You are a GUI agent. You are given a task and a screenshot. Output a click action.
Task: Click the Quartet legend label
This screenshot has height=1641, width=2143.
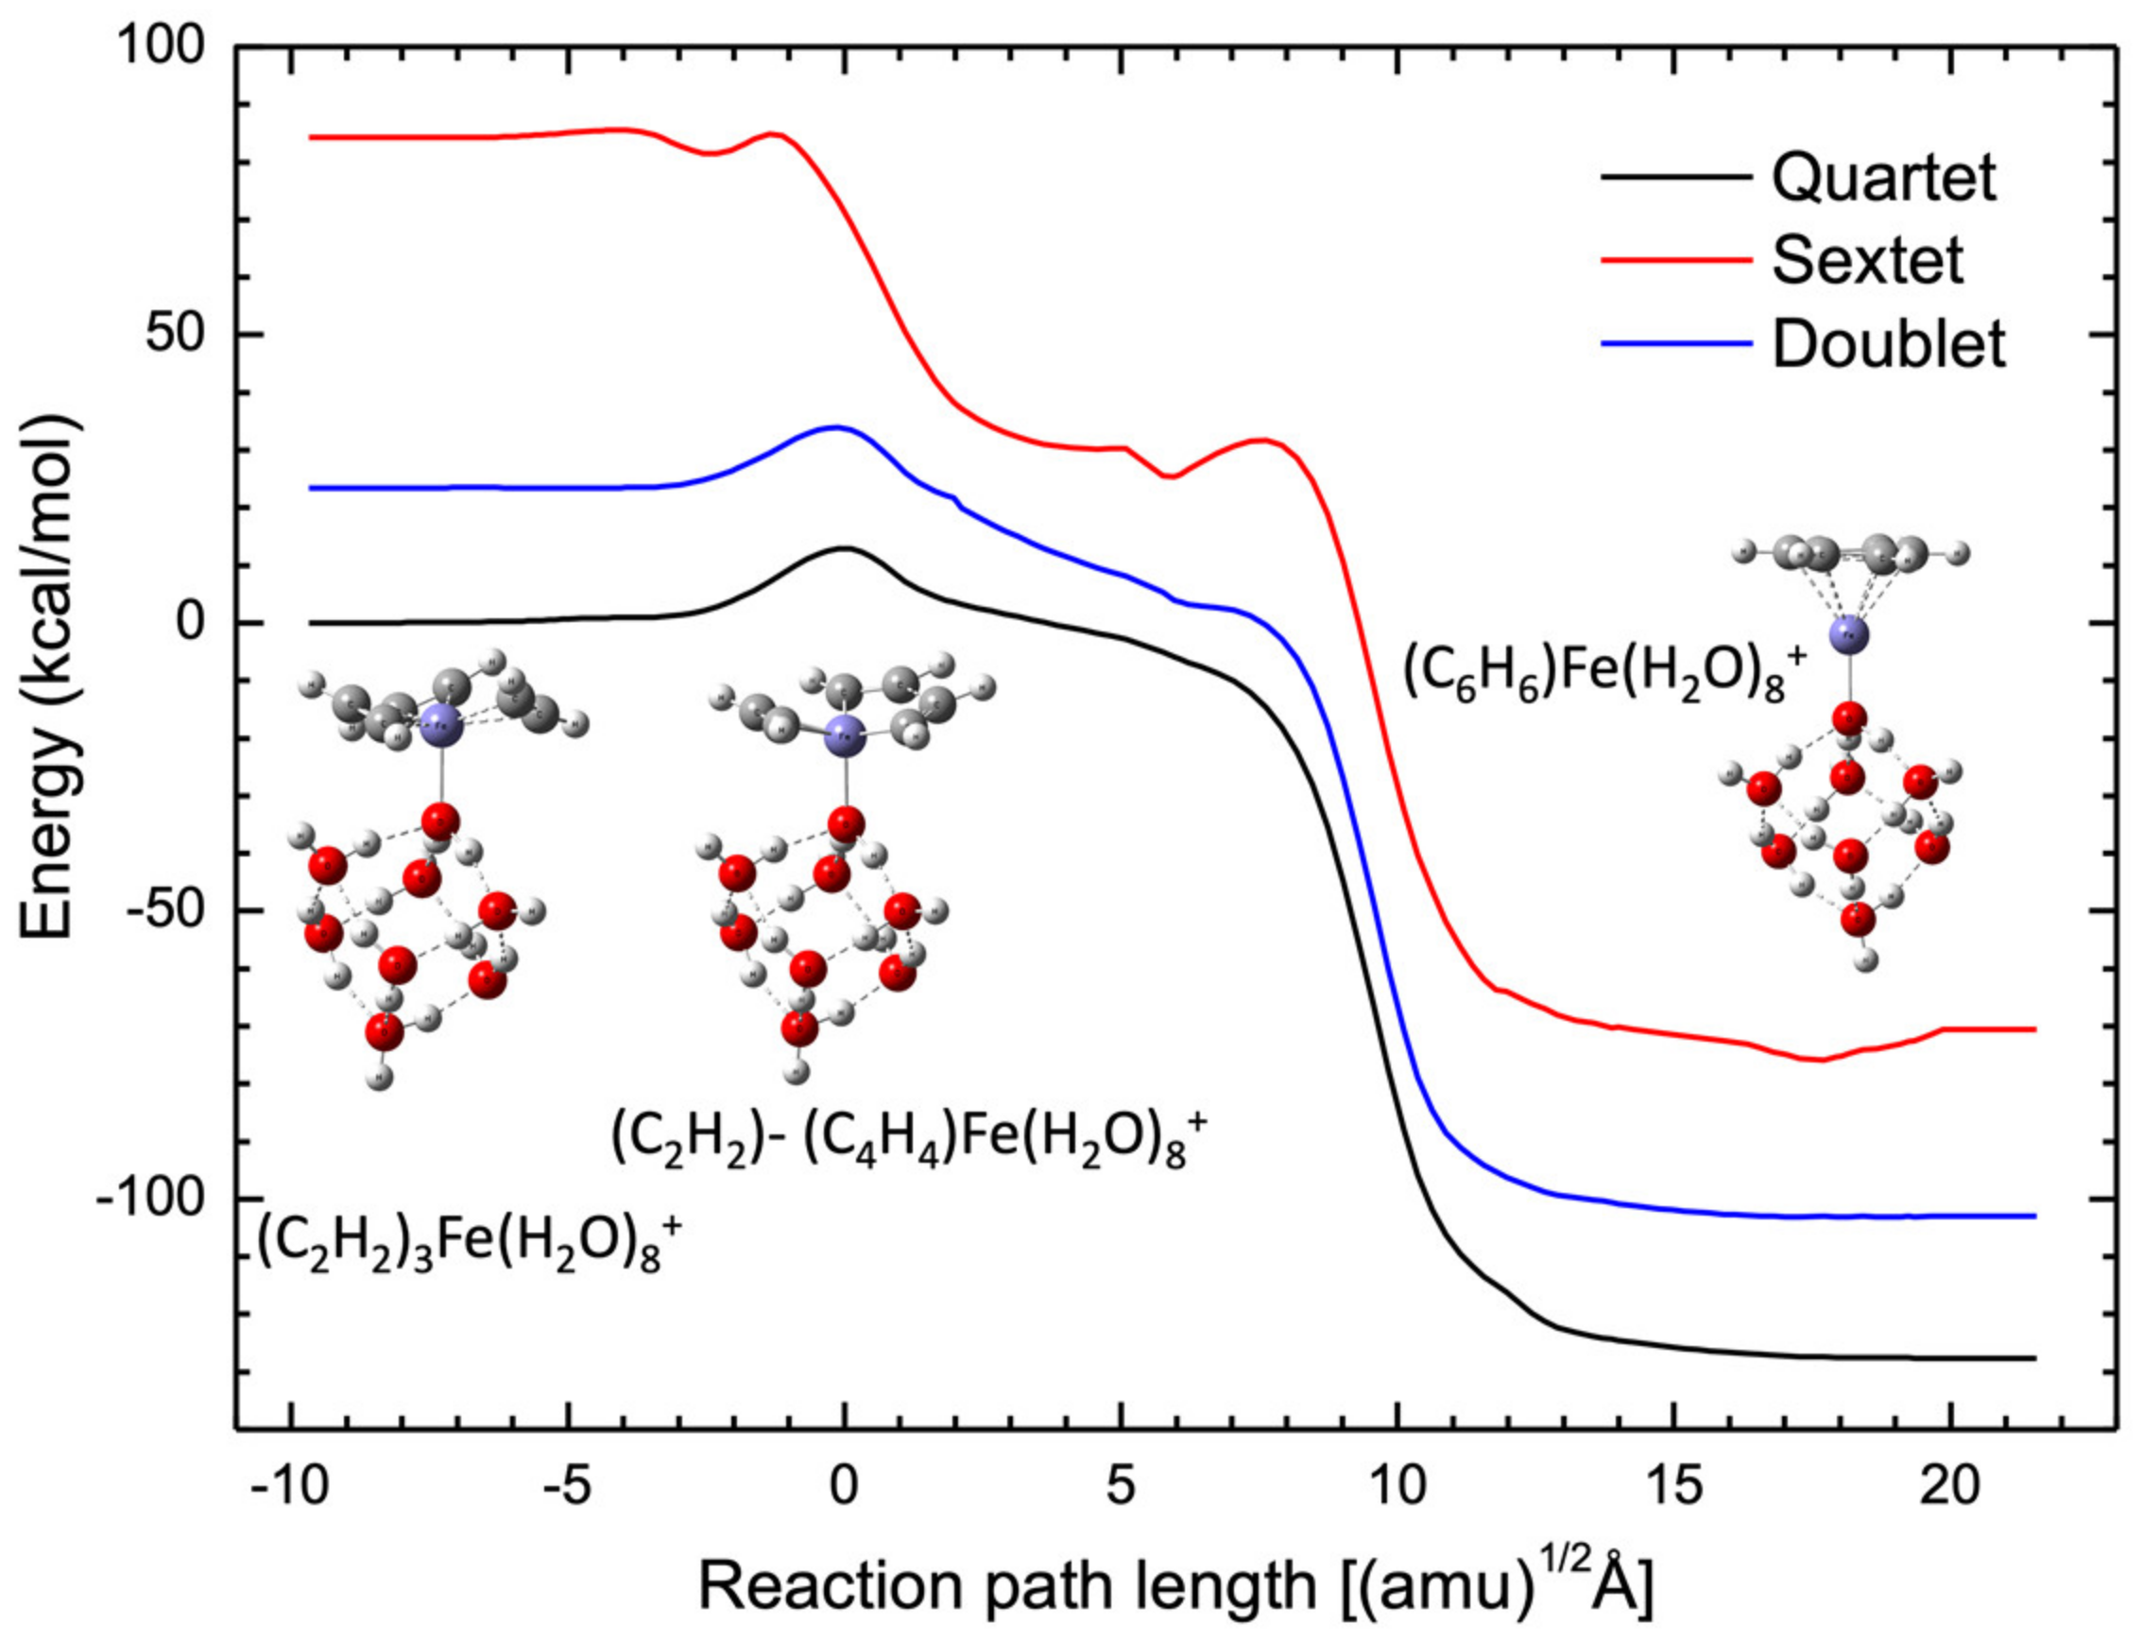pos(1883,179)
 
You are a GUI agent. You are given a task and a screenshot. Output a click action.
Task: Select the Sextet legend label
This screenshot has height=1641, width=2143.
pos(1868,261)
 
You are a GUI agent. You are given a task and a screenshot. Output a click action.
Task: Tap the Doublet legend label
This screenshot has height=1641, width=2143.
pos(1888,344)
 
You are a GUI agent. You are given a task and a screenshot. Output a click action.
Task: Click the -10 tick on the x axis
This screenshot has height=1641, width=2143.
pos(289,1487)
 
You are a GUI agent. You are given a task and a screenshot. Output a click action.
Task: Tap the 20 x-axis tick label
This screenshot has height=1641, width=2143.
pos(1949,1487)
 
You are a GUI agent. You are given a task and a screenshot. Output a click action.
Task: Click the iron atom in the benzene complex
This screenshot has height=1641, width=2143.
pos(1847,634)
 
